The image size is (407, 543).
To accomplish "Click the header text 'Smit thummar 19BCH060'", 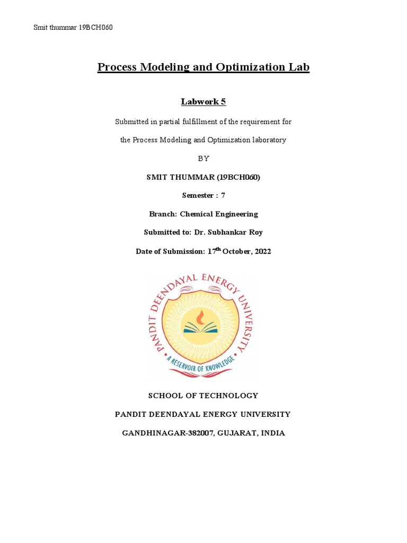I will point(73,28).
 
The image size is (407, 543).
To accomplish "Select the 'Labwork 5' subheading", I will point(203,101).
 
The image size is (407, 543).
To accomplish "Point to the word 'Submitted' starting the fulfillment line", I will point(132,122).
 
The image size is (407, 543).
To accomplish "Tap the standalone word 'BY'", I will point(203,159).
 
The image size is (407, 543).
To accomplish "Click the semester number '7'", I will point(223,196).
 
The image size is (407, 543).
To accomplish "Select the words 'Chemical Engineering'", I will point(219,214).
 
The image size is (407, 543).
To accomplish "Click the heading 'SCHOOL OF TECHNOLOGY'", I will point(203,396).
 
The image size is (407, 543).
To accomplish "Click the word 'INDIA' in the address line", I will point(272,433).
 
